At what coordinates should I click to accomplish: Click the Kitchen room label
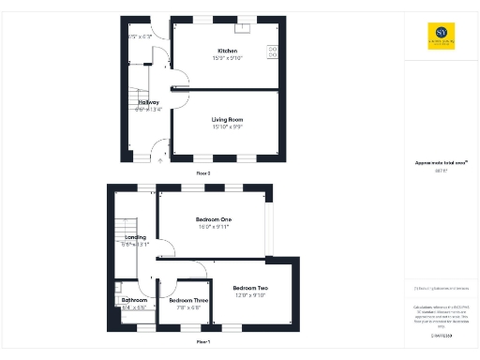(x=227, y=51)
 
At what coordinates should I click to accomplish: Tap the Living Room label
(x=227, y=119)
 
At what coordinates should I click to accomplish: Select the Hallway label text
(x=148, y=102)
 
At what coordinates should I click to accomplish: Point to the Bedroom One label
(x=214, y=219)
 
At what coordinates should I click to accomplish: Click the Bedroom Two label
(x=250, y=288)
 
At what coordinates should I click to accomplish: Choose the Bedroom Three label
(x=188, y=301)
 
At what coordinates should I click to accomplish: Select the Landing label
(x=135, y=237)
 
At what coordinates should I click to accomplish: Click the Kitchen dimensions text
(x=227, y=57)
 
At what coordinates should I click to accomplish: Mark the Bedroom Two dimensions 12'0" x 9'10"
(x=250, y=294)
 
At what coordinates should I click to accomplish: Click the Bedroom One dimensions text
(x=214, y=226)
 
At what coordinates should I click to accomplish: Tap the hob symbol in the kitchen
(x=273, y=51)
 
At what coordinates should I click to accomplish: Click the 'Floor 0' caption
(x=202, y=173)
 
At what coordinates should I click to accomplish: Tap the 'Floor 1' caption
(x=202, y=342)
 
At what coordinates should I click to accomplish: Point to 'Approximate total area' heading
(x=441, y=163)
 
